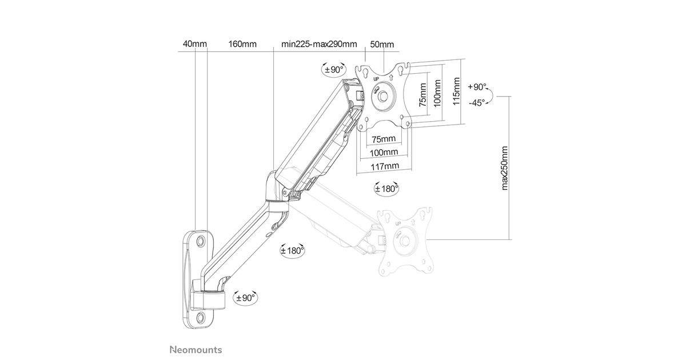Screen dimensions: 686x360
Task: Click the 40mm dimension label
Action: click(x=195, y=44)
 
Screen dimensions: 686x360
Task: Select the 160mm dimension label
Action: click(x=242, y=44)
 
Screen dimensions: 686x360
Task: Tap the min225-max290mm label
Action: click(x=319, y=44)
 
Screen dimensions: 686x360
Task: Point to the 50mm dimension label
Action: click(x=382, y=45)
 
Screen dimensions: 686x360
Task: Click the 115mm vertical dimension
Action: click(x=456, y=91)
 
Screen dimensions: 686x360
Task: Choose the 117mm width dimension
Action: click(x=385, y=167)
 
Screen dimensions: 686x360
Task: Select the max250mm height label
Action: click(x=504, y=168)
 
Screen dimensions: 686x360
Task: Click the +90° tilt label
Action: click(x=477, y=87)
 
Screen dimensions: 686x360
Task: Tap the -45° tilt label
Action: click(x=477, y=102)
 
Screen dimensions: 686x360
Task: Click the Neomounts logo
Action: click(x=196, y=350)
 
